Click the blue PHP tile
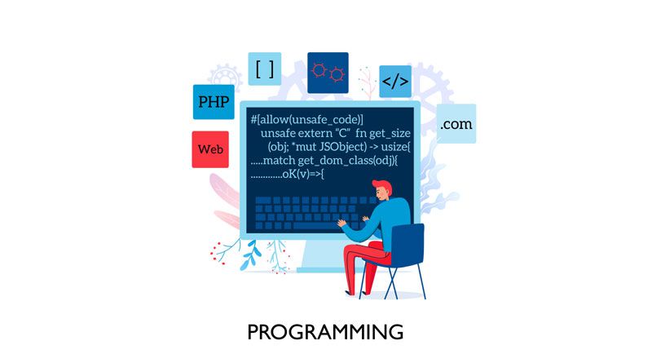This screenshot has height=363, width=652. click(x=214, y=102)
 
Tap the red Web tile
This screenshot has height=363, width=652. click(x=210, y=149)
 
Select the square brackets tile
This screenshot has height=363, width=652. click(x=264, y=69)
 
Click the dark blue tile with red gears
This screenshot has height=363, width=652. click(x=328, y=73)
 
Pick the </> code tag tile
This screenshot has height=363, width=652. click(x=395, y=82)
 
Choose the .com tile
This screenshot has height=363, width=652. click(x=456, y=124)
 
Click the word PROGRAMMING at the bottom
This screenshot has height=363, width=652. click(x=325, y=332)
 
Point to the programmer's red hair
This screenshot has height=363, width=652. click(x=383, y=187)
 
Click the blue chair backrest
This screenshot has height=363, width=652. click(x=407, y=245)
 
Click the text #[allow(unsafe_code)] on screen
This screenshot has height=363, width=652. click(x=307, y=119)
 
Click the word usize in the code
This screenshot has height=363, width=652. click(x=395, y=147)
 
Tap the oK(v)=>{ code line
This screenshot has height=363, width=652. click(x=302, y=174)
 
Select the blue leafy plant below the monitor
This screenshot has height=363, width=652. click(x=250, y=255)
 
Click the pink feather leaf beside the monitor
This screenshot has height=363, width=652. click(x=224, y=191)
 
